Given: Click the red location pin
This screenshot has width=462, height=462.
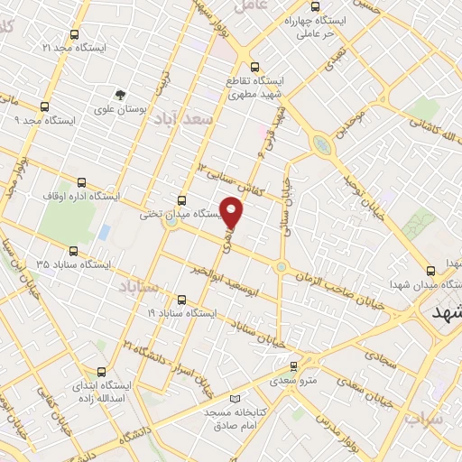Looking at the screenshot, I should (233, 211).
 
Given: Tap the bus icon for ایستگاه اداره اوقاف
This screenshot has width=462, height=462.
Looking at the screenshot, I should (83, 180).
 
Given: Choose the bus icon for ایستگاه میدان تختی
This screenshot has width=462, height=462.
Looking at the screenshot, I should (182, 200).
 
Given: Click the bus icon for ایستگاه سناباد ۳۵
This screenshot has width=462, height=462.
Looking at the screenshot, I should (73, 251).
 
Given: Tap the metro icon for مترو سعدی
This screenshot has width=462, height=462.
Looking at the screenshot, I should (292, 365).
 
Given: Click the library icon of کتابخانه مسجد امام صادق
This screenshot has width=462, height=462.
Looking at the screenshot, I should (236, 399).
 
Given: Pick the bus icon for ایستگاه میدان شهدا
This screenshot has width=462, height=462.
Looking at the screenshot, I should (430, 270).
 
